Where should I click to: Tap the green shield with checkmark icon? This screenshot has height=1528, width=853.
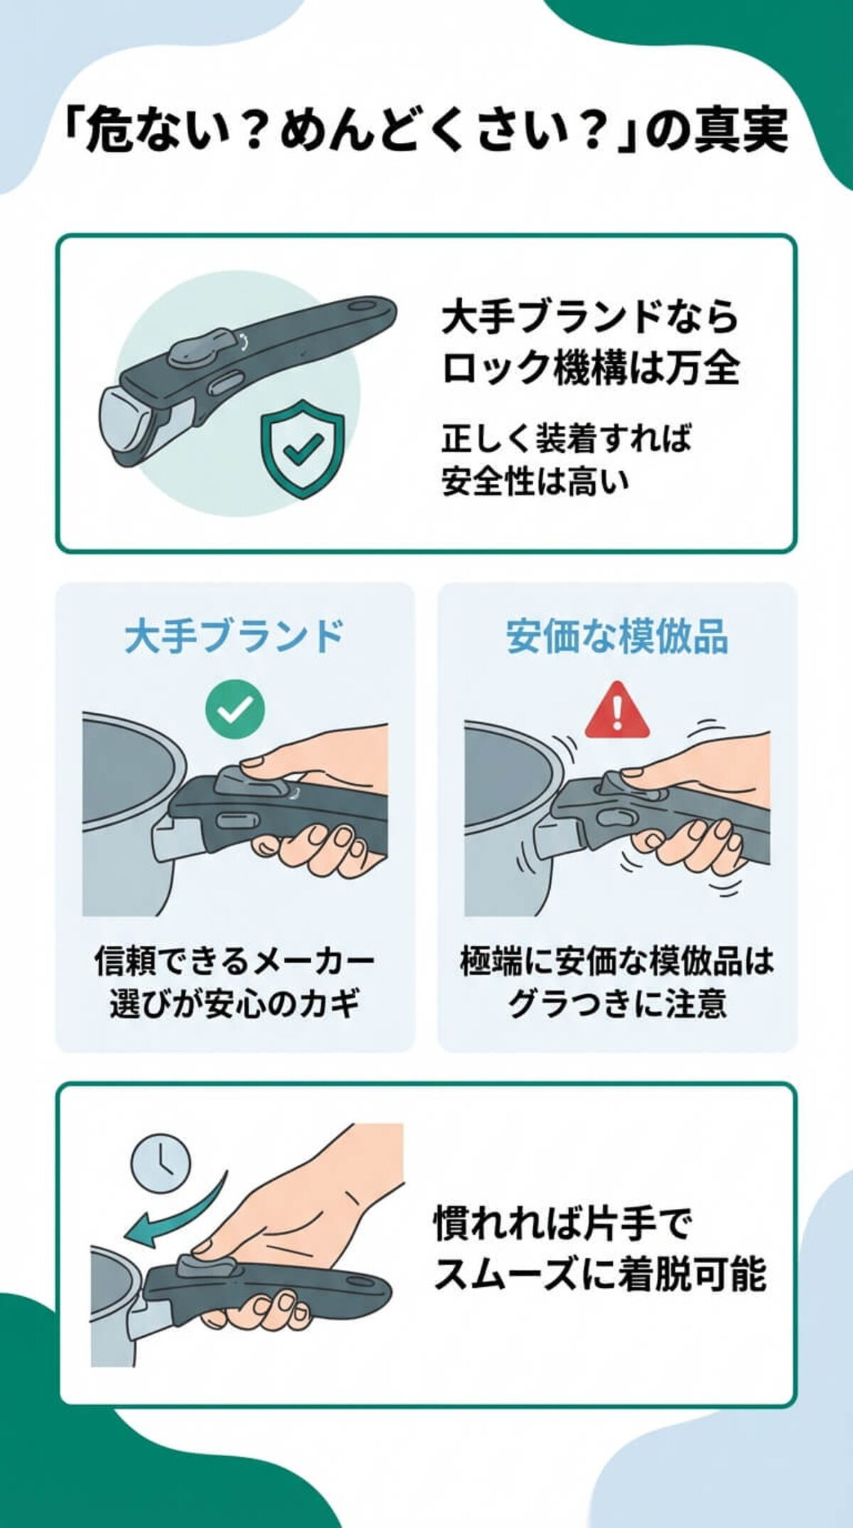pos(302,448)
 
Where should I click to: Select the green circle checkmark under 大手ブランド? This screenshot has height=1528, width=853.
pos(235,709)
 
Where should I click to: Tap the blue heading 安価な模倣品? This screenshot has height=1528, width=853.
pos(617,636)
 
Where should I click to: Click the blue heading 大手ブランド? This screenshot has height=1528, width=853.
pos(235,636)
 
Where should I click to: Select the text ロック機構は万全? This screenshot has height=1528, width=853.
pos(590,368)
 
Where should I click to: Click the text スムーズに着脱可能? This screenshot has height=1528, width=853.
pos(599,1274)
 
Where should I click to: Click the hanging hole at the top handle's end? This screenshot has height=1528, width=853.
pos(369,310)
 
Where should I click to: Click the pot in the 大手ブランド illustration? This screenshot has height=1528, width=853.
pos(124,817)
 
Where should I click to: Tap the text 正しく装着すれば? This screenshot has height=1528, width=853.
pos(566,438)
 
